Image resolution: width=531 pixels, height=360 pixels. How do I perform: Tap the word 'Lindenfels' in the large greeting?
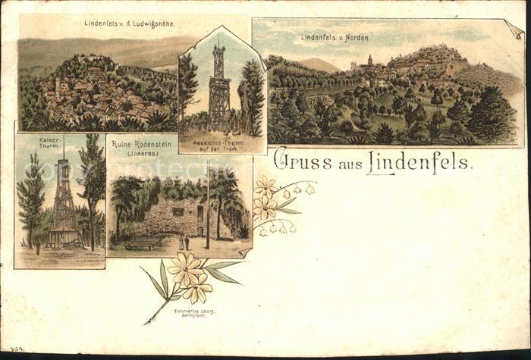click(x=419, y=161)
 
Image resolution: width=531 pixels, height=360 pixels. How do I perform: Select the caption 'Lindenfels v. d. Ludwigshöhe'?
click(x=129, y=23)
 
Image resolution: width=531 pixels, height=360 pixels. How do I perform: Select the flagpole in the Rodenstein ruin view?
click(x=206, y=208)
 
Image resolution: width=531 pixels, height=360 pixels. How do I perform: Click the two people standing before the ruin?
click(x=184, y=243)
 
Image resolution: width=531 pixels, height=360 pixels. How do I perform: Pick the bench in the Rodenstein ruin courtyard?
click(x=143, y=243)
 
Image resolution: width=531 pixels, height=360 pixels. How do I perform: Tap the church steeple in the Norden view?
click(x=369, y=60)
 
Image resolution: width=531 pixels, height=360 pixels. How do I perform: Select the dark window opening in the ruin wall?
click(x=177, y=211)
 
